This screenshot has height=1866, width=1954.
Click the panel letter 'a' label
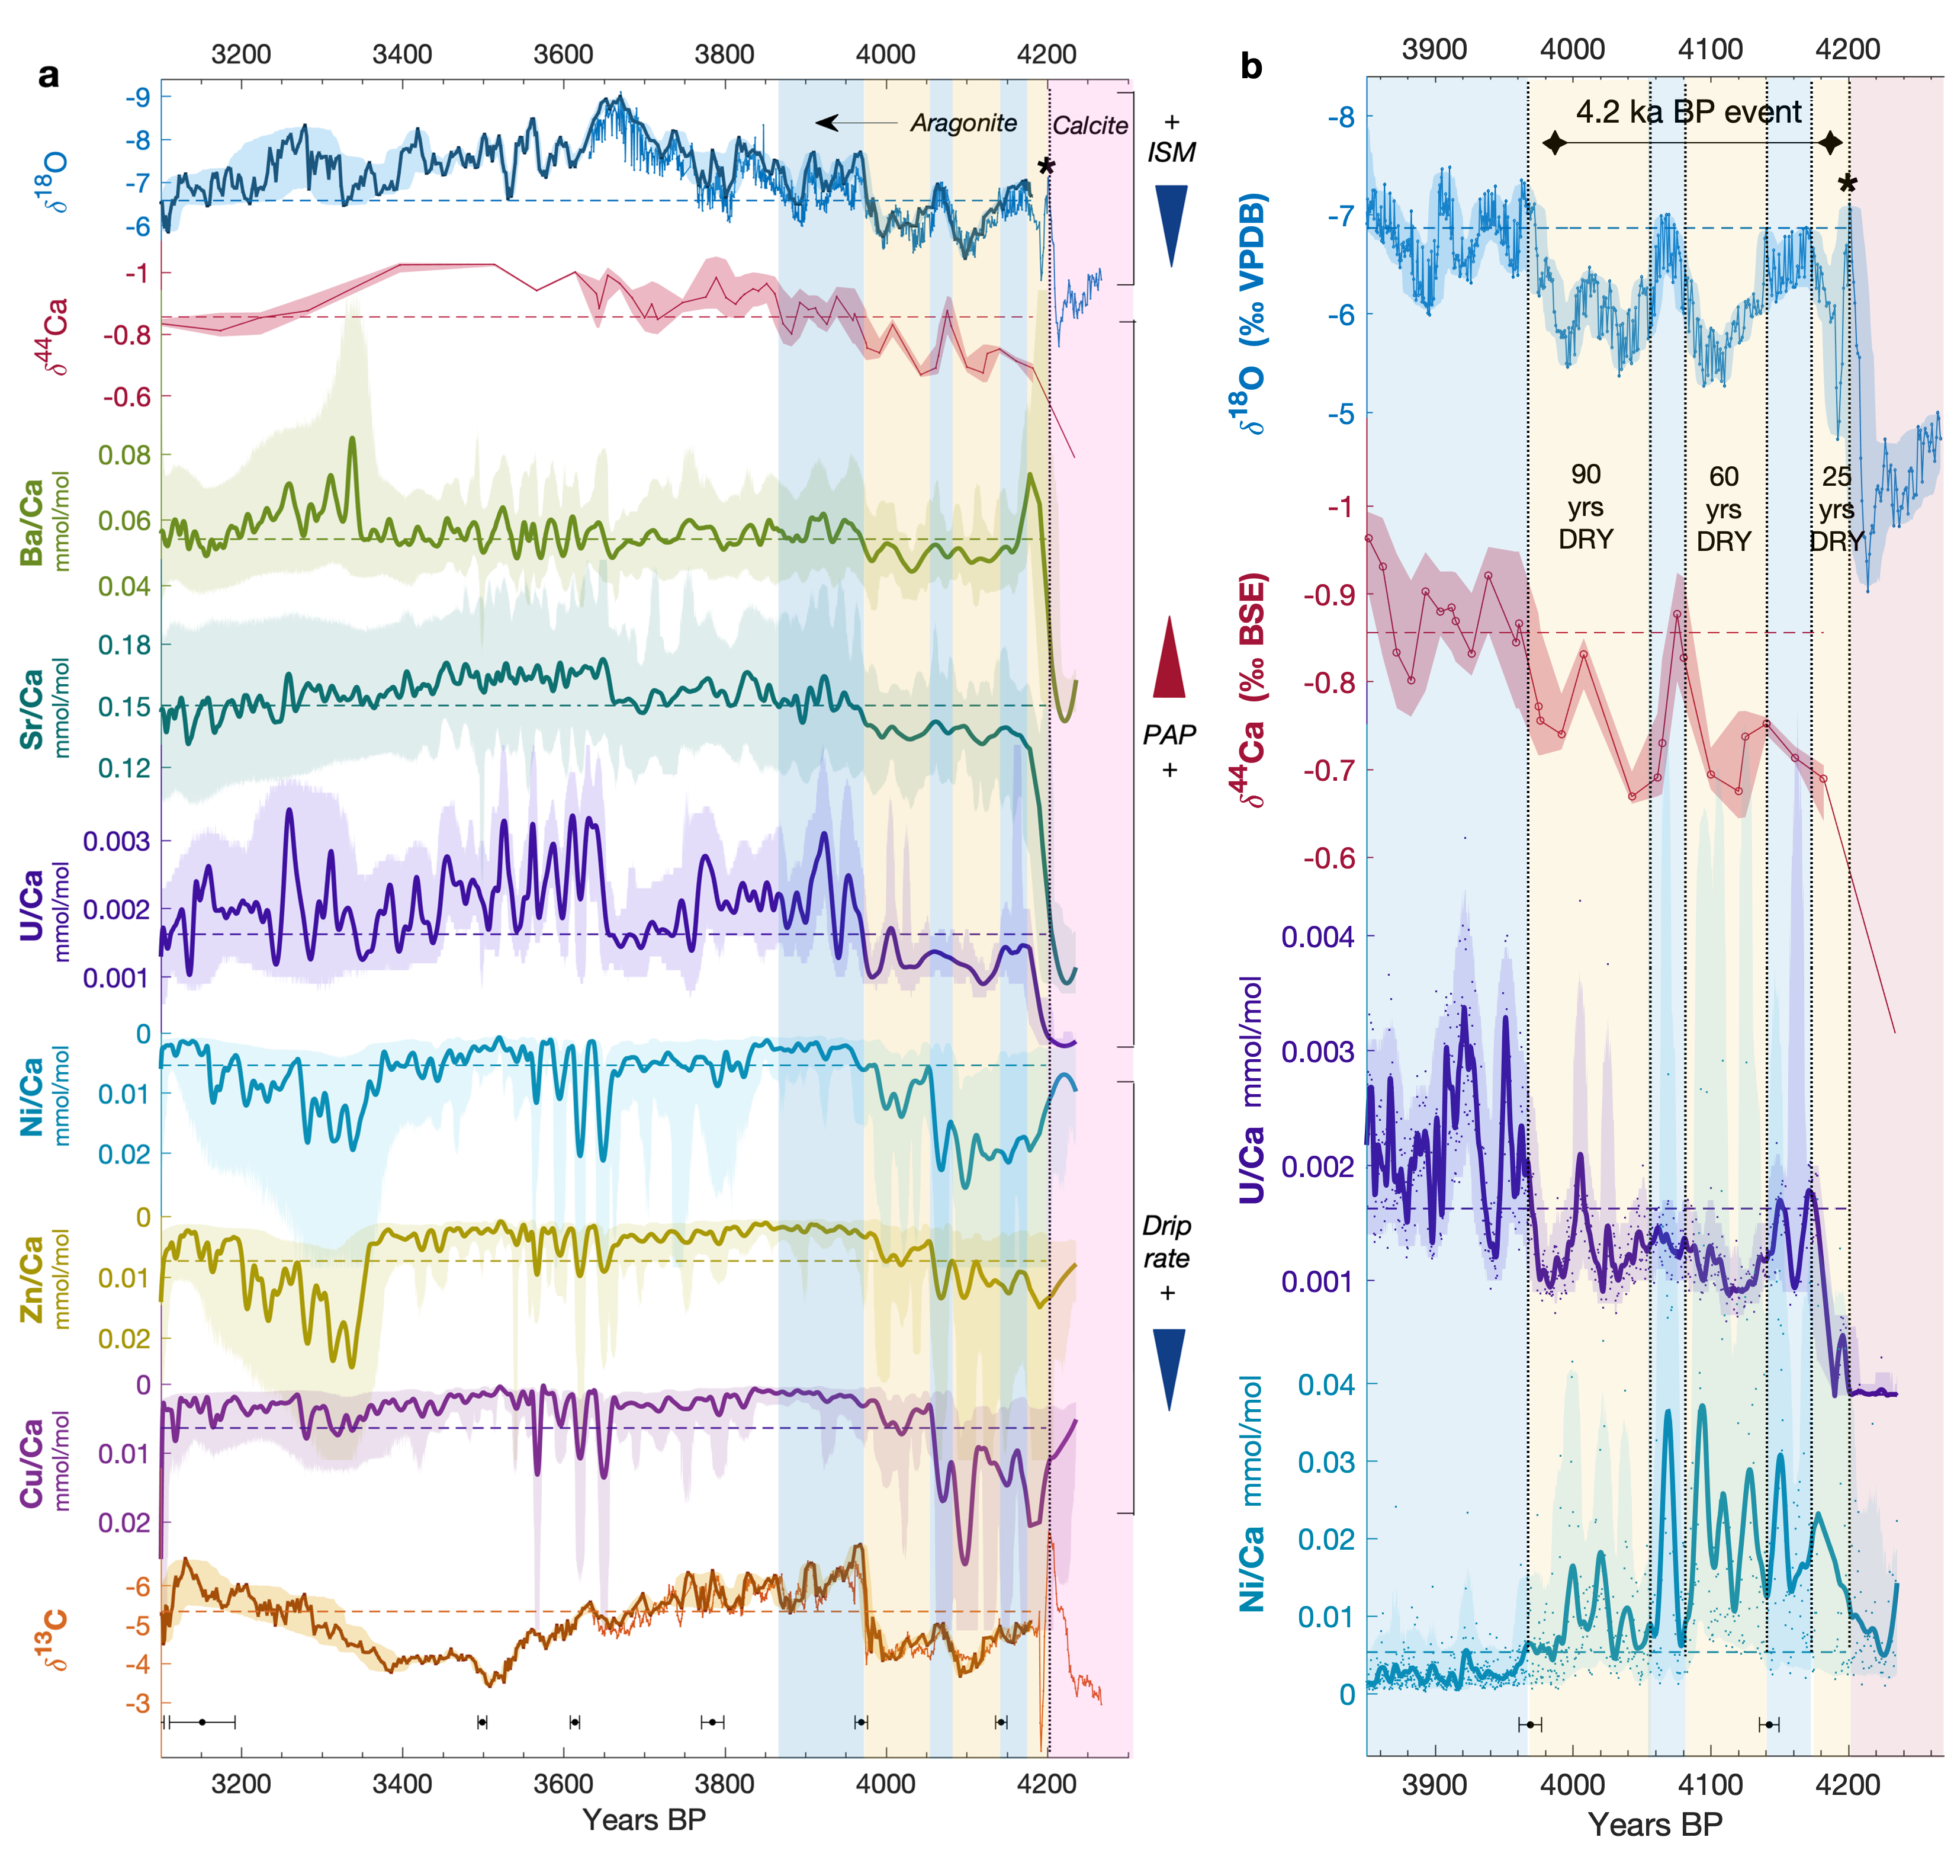point(48,75)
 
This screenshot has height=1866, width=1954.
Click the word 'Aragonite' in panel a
point(963,123)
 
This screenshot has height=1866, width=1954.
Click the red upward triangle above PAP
point(1169,656)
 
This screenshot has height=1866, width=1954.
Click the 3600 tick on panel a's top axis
point(563,54)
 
